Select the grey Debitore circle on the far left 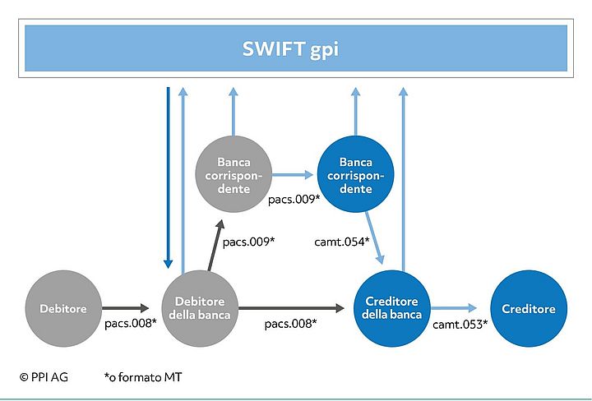62,309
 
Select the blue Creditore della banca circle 392,308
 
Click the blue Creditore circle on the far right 529,309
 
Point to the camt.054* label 342,241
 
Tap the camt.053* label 460,324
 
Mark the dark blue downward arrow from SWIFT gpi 168,177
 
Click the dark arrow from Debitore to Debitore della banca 127,309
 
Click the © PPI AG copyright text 44,377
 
